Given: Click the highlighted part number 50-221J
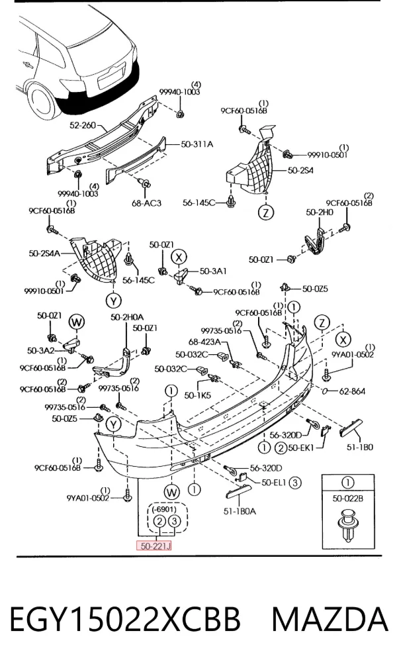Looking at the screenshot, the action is tap(154, 546).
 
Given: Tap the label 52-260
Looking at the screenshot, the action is tap(83, 126).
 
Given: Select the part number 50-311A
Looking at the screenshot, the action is tap(197, 144).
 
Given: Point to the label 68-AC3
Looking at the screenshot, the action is tap(146, 203).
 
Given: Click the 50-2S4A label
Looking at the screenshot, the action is tap(44, 254).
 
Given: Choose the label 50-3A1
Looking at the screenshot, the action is tap(214, 271).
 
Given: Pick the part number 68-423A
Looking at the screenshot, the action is tap(205, 342).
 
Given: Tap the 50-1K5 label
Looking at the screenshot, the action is tap(198, 396).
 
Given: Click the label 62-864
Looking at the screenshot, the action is tap(352, 391).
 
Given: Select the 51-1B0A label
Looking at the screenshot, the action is tap(240, 511).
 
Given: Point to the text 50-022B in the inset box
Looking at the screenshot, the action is tap(348, 499).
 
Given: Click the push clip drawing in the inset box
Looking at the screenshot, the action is tap(349, 525).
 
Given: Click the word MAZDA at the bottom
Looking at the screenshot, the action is tap(330, 620).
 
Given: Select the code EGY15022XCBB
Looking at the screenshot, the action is tap(125, 620).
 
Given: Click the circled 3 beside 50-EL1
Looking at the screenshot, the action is tap(295, 483).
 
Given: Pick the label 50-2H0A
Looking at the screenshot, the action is tap(127, 317).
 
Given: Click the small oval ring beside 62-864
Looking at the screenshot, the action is tap(326, 391).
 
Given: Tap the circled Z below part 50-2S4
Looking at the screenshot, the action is tap(266, 213).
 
